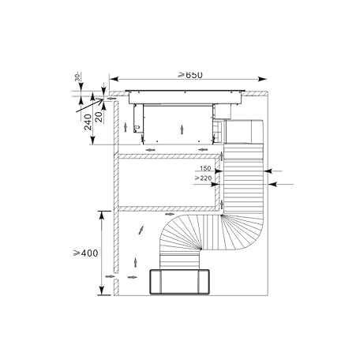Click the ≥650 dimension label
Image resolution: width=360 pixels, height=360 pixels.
[190, 75]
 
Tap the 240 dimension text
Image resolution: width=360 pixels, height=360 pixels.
[88, 122]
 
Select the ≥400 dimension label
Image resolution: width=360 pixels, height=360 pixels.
[86, 253]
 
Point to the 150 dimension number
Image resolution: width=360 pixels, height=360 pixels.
[205, 168]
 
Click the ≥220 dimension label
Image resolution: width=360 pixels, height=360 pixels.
[203, 178]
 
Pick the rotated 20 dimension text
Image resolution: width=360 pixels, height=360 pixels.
[99, 118]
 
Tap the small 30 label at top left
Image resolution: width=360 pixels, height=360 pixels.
[77, 77]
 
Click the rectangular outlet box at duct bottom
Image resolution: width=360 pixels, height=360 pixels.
[180, 282]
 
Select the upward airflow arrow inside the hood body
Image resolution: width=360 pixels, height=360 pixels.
[182, 130]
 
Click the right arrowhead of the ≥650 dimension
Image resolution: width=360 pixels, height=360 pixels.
[263, 79]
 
